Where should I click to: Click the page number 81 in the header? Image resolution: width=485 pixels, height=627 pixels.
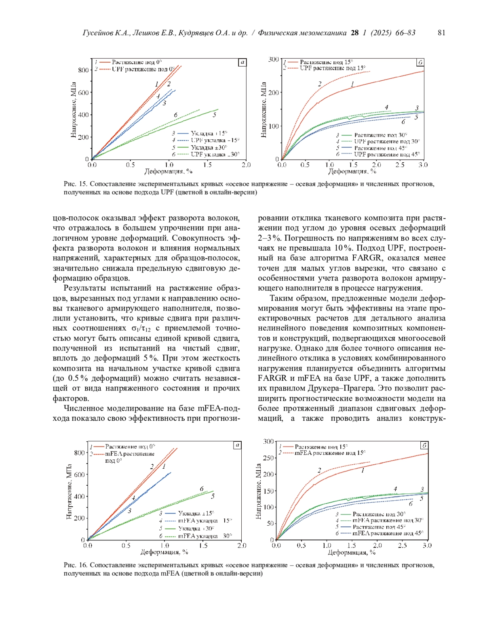tap(441, 33)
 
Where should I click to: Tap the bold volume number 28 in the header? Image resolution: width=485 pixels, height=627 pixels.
tap(354, 33)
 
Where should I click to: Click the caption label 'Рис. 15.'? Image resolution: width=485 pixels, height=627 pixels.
tap(75, 185)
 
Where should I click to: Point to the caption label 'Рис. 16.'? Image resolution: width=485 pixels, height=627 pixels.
tap(75, 565)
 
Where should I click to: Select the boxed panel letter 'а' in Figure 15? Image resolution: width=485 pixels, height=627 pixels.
tap(242, 62)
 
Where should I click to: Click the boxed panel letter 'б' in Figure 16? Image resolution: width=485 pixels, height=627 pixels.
tap(424, 445)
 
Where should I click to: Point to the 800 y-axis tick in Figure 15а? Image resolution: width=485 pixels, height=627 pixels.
tap(83, 70)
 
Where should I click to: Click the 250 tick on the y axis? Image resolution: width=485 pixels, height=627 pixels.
tap(269, 458)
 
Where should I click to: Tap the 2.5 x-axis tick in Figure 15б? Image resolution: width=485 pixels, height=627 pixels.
tap(400, 165)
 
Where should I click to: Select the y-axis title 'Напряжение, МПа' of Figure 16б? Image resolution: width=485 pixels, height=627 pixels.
tap(259, 491)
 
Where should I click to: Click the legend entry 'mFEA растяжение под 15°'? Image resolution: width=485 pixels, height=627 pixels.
tap(330, 453)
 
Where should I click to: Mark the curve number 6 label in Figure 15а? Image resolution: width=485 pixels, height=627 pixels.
tap(176, 115)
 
